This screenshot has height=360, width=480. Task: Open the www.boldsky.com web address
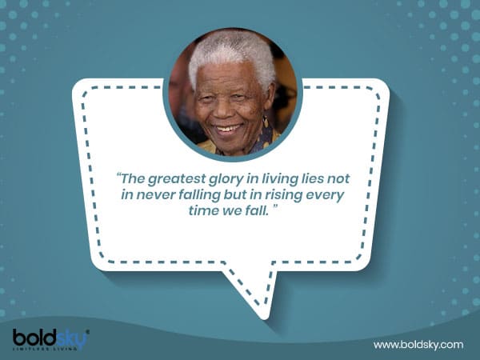pos(418,344)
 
